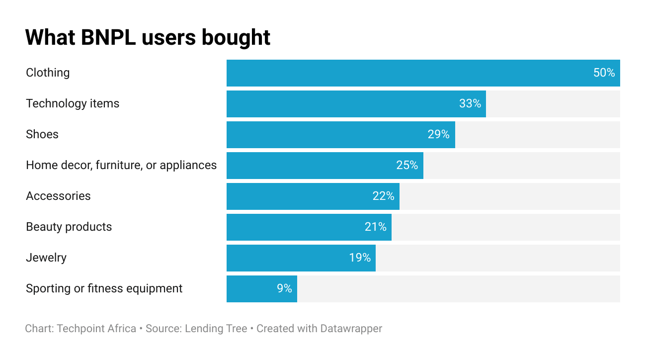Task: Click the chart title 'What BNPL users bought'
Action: tap(148, 38)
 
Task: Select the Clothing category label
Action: tap(48, 73)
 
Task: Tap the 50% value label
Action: tap(604, 73)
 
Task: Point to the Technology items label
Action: tap(73, 103)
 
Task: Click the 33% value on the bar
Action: tap(470, 104)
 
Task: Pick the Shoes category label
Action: tap(42, 134)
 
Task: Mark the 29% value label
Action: tap(438, 135)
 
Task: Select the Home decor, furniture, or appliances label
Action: tap(121, 165)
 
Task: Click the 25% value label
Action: tap(407, 166)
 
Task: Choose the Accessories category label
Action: tap(58, 196)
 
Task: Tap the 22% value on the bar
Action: tap(383, 196)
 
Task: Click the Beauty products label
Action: tap(69, 227)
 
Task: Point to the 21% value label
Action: tap(375, 227)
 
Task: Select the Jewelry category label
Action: tap(46, 258)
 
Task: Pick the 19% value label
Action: tap(360, 258)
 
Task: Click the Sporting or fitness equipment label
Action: tap(104, 288)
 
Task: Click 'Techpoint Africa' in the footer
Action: tap(96, 329)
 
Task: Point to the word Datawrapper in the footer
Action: tap(351, 329)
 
